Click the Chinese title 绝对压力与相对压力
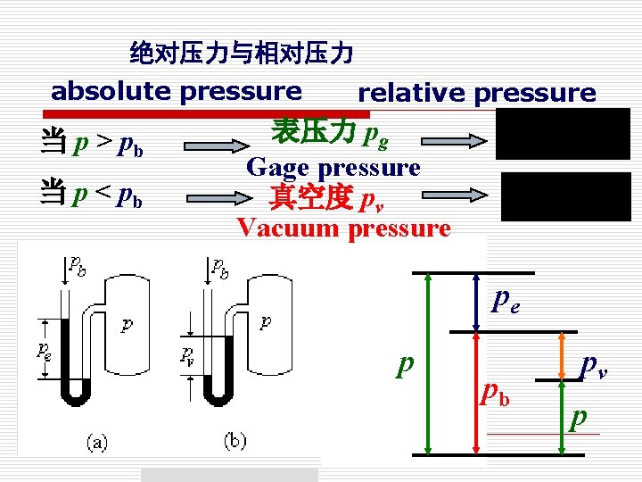tap(241, 54)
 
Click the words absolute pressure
tap(176, 91)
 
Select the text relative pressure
tap(476, 93)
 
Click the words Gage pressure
tap(333, 167)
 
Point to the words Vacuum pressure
tap(343, 229)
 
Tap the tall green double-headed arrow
tap(430, 363)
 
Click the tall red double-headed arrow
tap(476, 393)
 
